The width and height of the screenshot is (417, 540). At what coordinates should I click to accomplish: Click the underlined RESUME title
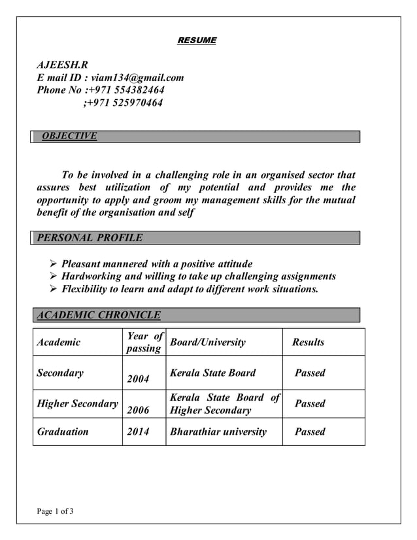(x=197, y=41)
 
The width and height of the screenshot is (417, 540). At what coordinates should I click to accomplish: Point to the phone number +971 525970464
(x=123, y=103)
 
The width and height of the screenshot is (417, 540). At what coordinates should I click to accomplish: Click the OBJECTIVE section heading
(x=69, y=136)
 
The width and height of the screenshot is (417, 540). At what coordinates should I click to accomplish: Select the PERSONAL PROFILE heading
(x=90, y=238)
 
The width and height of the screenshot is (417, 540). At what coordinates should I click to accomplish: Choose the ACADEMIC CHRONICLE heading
(x=99, y=316)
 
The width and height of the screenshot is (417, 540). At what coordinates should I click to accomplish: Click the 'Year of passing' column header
(x=144, y=342)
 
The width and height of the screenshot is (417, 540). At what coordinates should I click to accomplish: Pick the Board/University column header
(x=207, y=342)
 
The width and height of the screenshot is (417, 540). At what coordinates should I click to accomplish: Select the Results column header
(x=308, y=342)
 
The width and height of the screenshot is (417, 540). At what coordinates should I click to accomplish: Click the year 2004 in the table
(x=138, y=379)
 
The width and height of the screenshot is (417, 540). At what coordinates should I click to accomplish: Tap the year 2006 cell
(x=138, y=410)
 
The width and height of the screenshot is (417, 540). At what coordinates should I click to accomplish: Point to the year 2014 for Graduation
(x=138, y=431)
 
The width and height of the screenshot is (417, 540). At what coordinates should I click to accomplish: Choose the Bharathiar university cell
(x=218, y=431)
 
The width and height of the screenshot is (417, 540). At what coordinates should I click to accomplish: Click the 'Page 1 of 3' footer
(x=55, y=511)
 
